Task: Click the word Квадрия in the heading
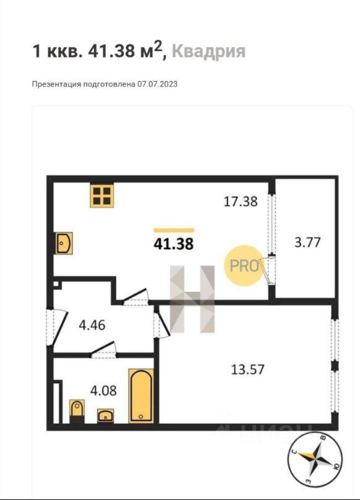(x=208, y=51)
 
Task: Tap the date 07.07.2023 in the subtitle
(x=157, y=84)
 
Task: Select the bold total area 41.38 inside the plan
(x=173, y=244)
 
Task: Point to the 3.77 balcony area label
(x=307, y=242)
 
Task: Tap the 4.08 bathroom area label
(x=103, y=390)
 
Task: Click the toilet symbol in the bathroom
(x=77, y=410)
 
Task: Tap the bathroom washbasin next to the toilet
(x=105, y=415)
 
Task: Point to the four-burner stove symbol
(x=102, y=196)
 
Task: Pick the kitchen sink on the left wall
(x=63, y=243)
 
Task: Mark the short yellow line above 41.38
(x=174, y=230)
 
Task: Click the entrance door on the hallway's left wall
(x=52, y=324)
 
